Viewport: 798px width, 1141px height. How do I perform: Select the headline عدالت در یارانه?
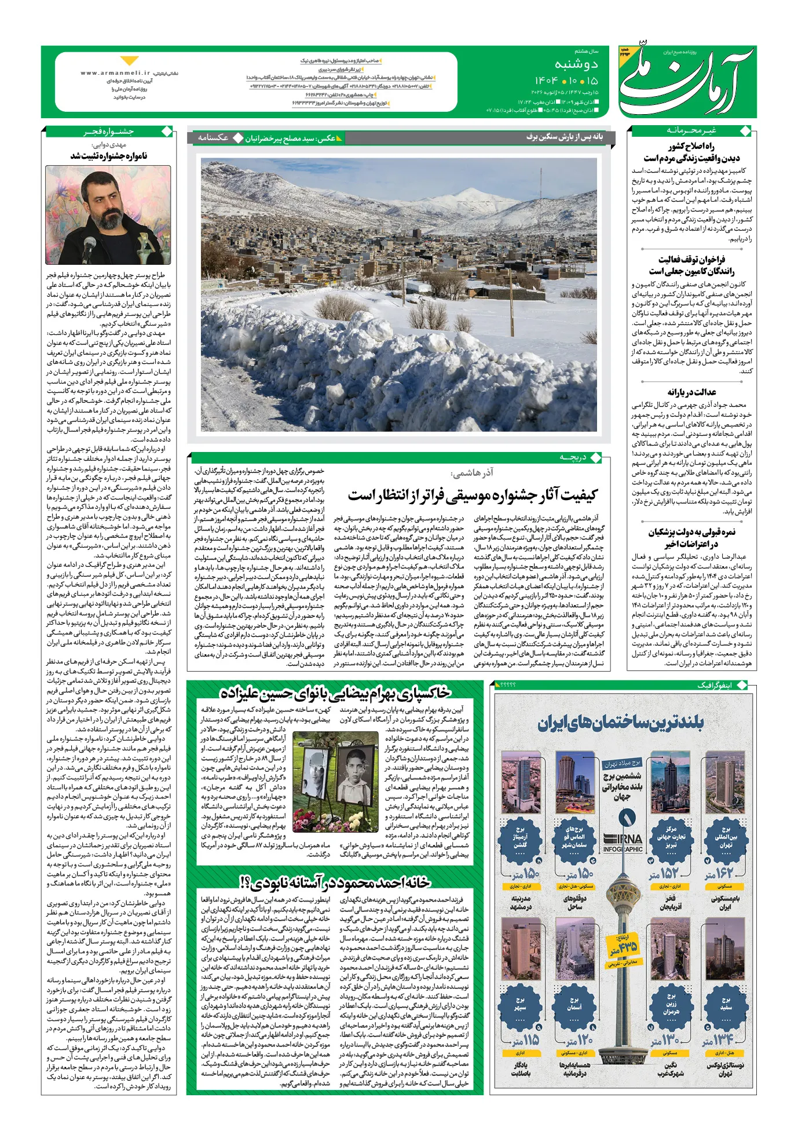pos(691,392)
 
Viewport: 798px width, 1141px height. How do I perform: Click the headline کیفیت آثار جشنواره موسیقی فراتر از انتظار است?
pos(472,495)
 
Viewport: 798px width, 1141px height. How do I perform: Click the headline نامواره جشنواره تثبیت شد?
pos(109,156)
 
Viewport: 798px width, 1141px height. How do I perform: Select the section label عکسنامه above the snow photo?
pos(213,138)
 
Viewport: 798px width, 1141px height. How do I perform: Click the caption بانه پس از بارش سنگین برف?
pos(564,137)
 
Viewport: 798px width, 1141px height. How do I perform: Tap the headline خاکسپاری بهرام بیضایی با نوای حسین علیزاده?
pos(335,693)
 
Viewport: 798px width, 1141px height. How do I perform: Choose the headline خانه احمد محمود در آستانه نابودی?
pos(335,882)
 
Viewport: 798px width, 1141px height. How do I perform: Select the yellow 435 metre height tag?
pos(624,949)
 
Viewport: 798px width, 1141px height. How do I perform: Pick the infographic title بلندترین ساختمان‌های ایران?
pos(620,723)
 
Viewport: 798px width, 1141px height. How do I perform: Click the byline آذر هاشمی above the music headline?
pos(473,473)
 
